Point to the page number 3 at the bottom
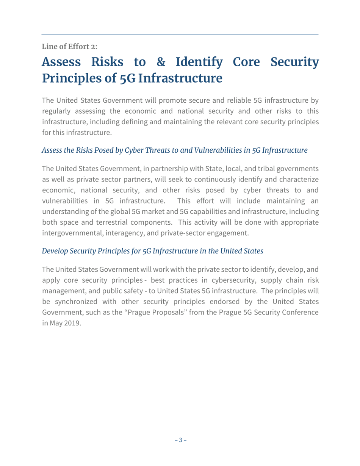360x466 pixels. click(x=180, y=440)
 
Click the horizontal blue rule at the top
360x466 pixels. click(x=180, y=34)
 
